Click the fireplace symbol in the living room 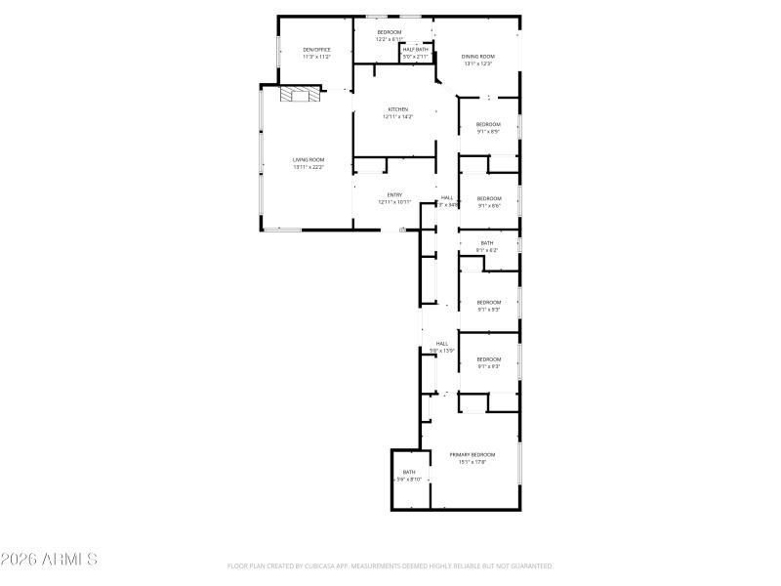point(301,94)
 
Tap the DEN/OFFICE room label point(317,50)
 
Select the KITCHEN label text point(397,109)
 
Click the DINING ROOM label point(478,57)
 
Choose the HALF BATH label point(416,50)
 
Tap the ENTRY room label point(395,195)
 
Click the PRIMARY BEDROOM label point(473,455)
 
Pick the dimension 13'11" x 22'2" point(308,167)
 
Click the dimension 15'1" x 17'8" point(473,462)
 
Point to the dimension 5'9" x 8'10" point(409,480)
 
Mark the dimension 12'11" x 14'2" point(397,116)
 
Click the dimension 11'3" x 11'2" point(317,57)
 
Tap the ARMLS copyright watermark point(49,560)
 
